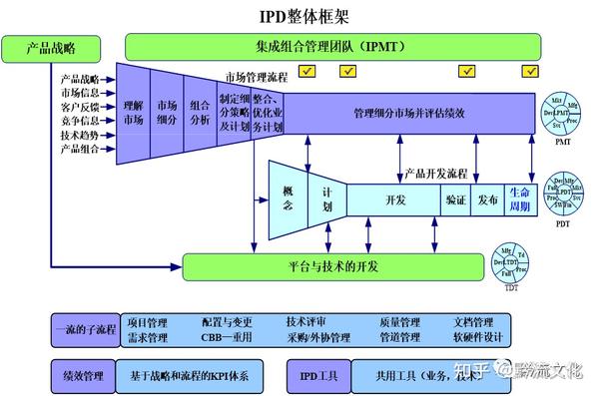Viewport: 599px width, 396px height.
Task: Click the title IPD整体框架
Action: pos(300,17)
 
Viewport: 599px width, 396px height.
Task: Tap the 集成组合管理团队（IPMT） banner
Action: pos(333,46)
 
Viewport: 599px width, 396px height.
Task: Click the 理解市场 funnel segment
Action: pos(133,113)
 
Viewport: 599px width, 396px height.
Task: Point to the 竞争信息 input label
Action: pos(80,122)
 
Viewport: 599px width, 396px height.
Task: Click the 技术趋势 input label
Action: pos(80,136)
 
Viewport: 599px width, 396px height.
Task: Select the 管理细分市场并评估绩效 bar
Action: pos(410,113)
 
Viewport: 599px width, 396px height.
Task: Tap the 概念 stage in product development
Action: pos(288,198)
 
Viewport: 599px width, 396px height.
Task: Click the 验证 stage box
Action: pos(454,199)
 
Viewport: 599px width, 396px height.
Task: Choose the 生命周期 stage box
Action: pos(520,198)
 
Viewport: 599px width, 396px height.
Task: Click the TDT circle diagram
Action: pos(511,264)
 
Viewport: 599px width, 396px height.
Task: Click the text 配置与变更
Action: pos(227,323)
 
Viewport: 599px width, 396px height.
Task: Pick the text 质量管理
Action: pos(399,323)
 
